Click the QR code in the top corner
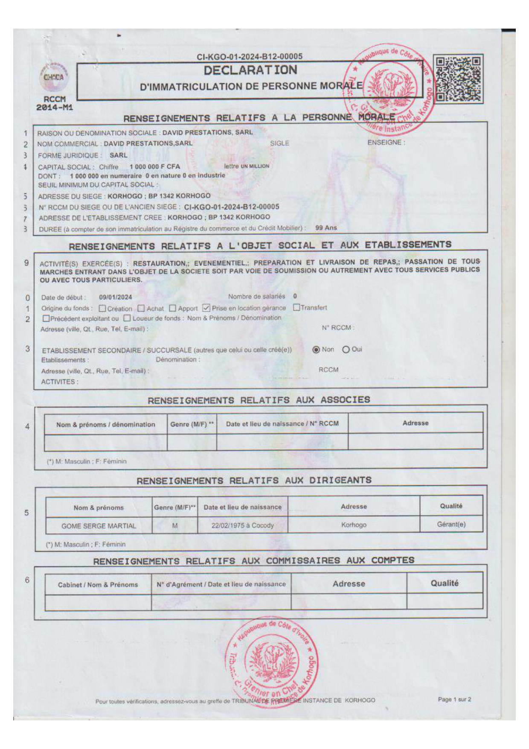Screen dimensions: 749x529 pos(458,79)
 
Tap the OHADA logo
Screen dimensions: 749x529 pos(54,78)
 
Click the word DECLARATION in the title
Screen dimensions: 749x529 pos(250,70)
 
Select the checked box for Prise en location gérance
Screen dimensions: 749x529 pos(206,308)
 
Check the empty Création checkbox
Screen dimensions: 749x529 pos(102,308)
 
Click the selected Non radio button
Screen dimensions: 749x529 pos(316,350)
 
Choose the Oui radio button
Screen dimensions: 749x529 pos(346,350)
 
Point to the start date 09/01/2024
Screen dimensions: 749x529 pos(115,297)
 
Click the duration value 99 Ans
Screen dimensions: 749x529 pos(326,228)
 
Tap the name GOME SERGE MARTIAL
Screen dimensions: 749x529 pos(99,526)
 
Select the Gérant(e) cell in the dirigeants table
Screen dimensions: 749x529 pos(451,524)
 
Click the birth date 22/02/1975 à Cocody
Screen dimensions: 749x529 pos(242,525)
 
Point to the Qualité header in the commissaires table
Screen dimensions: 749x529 pos(444,583)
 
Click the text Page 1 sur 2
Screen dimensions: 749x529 pos(454,699)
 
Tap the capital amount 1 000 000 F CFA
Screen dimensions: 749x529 pos(155,166)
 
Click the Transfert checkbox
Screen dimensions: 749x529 pos(296,307)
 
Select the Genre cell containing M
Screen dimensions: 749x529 pos(175,526)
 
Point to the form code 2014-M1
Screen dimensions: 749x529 pos(55,108)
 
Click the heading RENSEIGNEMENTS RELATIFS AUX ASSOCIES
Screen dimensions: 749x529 pos(259,400)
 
